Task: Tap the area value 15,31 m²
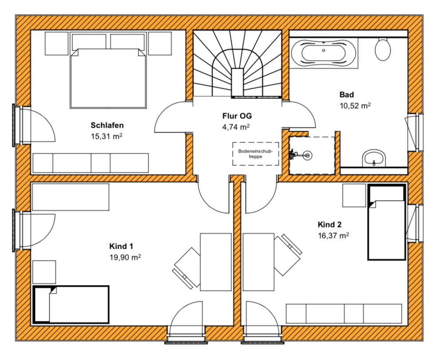pyautogui.click(x=106, y=137)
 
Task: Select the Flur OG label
pyautogui.click(x=237, y=116)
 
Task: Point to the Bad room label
pyautogui.click(x=346, y=94)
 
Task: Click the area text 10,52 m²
pyautogui.click(x=355, y=106)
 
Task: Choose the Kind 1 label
pyautogui.click(x=121, y=247)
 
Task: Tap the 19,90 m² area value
pyautogui.click(x=125, y=257)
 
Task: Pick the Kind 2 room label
pyautogui.click(x=330, y=224)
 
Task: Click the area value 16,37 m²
pyautogui.click(x=334, y=235)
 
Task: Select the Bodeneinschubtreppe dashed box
pyautogui.click(x=255, y=154)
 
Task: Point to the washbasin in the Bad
pyautogui.click(x=374, y=158)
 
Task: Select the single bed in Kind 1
pyautogui.click(x=71, y=305)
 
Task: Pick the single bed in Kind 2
pyautogui.click(x=387, y=222)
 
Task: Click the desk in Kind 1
pyautogui.click(x=216, y=262)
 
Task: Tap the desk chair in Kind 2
pyautogui.click(x=287, y=254)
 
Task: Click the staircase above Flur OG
pyautogui.click(x=237, y=64)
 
